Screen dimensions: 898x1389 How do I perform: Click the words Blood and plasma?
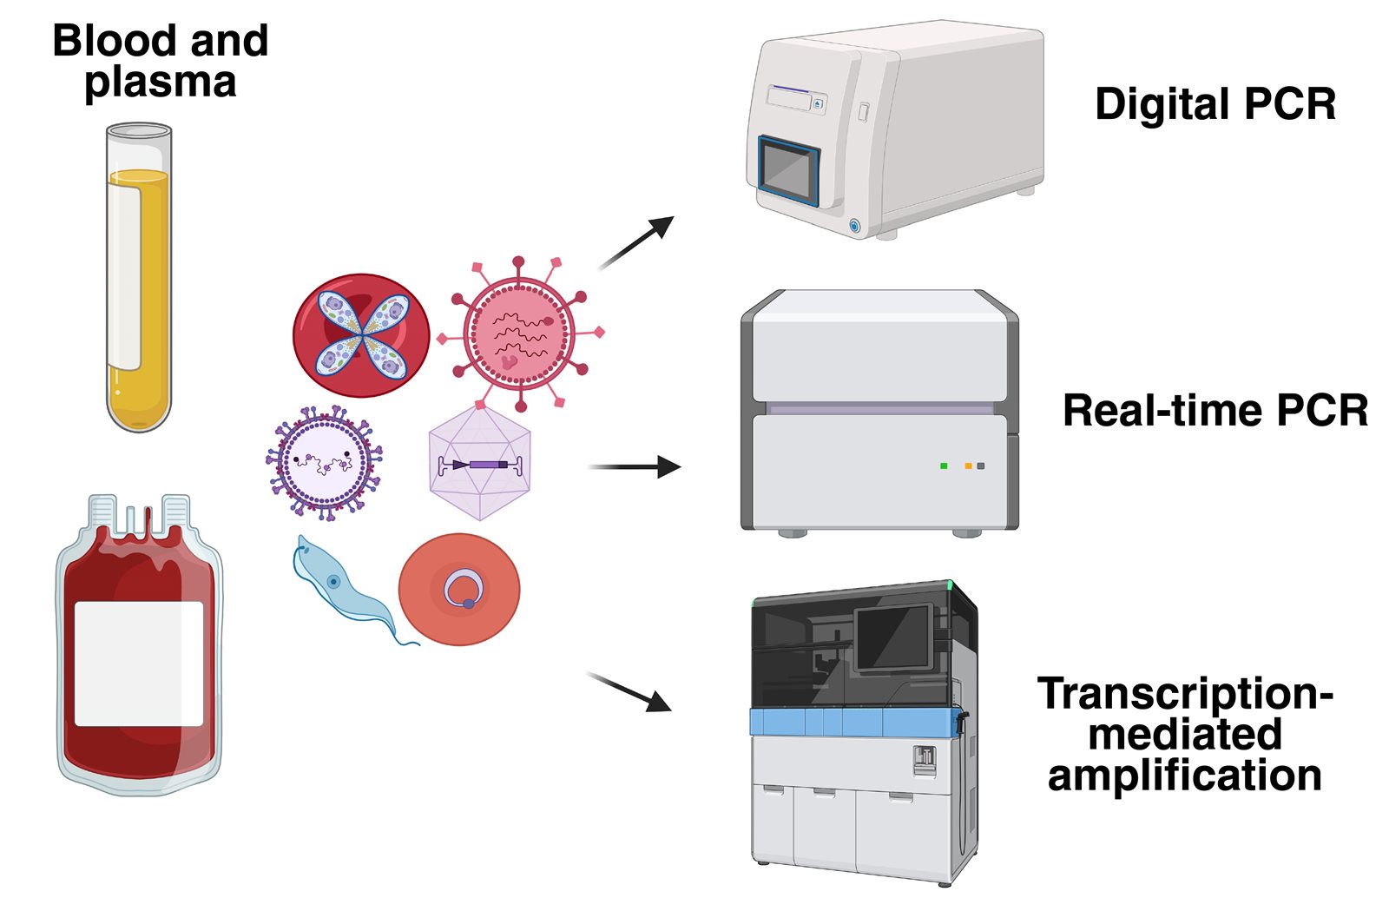click(161, 61)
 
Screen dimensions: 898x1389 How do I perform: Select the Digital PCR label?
click(1215, 104)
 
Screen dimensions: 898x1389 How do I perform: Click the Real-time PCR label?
click(1215, 411)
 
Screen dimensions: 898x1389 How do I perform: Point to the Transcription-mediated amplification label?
click(1185, 734)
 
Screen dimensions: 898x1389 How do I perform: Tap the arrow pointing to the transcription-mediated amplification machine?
click(630, 691)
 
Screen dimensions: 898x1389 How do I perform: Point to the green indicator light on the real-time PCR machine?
click(944, 466)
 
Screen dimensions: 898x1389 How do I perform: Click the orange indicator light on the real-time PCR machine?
click(968, 466)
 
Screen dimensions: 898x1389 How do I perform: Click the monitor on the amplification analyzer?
click(892, 638)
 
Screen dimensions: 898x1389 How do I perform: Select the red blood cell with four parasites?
click(361, 335)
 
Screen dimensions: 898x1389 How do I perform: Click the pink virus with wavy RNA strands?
click(519, 333)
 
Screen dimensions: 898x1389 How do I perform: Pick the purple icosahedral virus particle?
click(479, 463)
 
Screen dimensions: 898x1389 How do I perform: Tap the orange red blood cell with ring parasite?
click(458, 590)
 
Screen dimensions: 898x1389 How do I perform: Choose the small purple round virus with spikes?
click(324, 463)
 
